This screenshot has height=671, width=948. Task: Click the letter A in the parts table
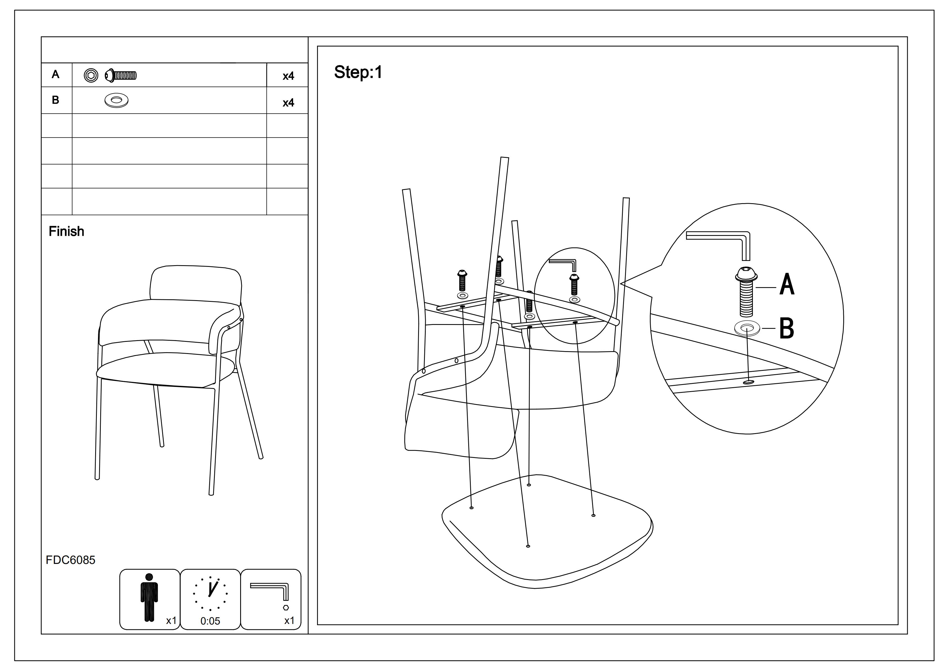tap(55, 74)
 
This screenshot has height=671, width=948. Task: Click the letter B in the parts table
tap(55, 100)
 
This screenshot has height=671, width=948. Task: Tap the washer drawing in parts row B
tap(117, 100)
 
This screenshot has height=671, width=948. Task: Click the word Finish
tap(66, 231)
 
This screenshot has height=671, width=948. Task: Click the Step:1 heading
tap(358, 72)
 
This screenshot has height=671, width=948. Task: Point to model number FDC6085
tap(70, 560)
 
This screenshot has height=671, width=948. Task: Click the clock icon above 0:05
tap(210, 593)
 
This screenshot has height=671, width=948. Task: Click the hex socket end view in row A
tap(91, 75)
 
